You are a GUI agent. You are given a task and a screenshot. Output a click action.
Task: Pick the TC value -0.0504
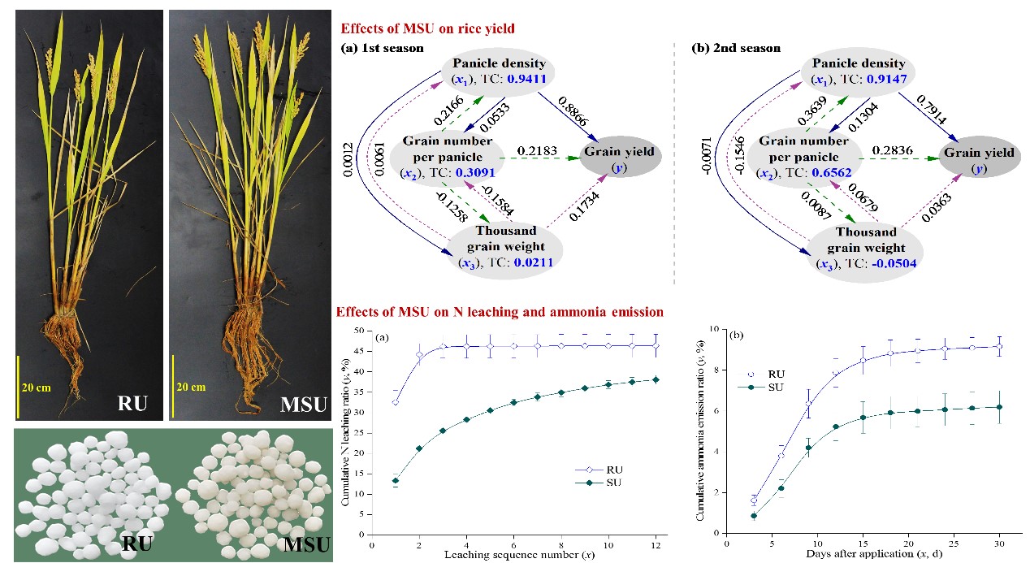pos(889,263)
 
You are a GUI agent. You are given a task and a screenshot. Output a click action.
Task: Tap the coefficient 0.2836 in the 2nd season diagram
pos(890,152)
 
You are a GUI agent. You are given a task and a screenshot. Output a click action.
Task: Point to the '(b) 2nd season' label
pos(735,48)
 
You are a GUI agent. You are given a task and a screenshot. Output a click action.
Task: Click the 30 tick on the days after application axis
pos(999,544)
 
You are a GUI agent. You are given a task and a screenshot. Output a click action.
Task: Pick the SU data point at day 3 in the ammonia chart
pos(754,516)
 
